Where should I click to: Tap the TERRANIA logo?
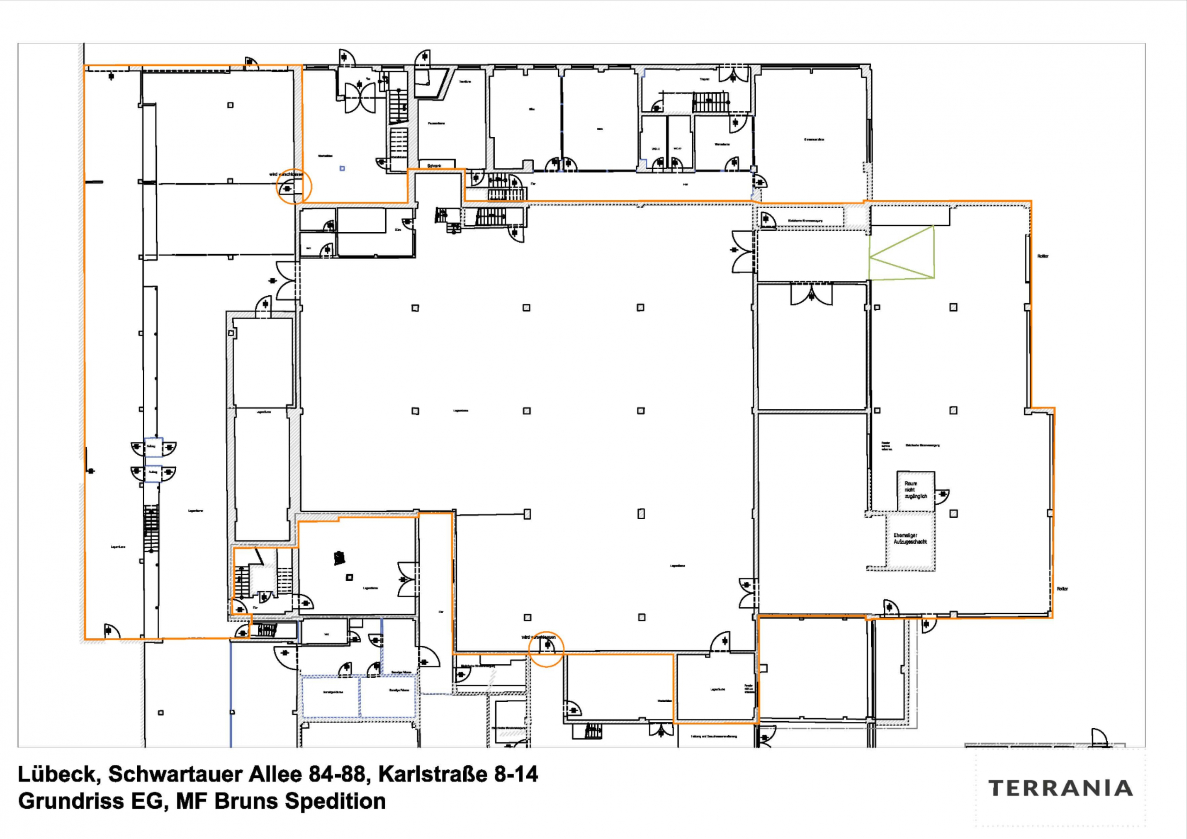(x=1060, y=788)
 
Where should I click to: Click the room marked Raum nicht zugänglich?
(x=915, y=489)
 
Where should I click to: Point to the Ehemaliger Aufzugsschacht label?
(x=910, y=539)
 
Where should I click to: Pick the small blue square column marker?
(x=342, y=168)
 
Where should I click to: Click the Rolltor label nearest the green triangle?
(x=1042, y=256)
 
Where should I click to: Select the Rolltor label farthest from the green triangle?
(x=1062, y=589)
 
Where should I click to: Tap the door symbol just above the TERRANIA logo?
(x=1099, y=737)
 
